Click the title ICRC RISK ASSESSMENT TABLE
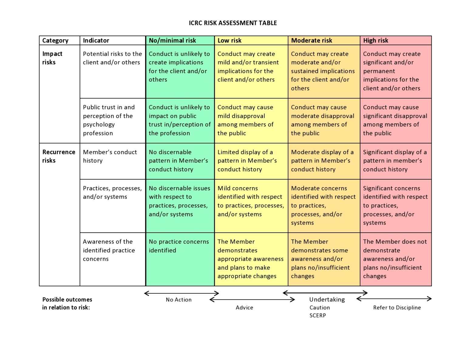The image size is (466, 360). click(233, 23)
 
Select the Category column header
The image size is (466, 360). click(56, 40)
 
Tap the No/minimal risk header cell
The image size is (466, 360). click(172, 40)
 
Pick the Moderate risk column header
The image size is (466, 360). click(312, 40)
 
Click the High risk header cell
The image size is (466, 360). click(376, 40)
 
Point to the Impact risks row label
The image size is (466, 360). click(52, 58)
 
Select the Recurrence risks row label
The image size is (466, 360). click(59, 156)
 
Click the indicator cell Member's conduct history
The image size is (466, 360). click(110, 156)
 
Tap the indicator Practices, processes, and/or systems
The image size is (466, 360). click(112, 192)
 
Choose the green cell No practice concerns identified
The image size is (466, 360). click(179, 246)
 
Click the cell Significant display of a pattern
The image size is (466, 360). click(395, 161)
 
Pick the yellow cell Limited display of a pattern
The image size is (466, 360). click(247, 161)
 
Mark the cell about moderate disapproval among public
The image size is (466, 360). click(322, 120)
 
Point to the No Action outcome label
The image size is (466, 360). click(179, 300)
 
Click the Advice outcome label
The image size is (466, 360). click(244, 308)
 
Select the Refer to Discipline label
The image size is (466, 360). click(397, 308)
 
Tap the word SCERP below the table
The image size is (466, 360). click(318, 315)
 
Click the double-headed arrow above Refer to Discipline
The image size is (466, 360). click(394, 299)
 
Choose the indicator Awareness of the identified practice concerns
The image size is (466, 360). click(109, 250)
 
